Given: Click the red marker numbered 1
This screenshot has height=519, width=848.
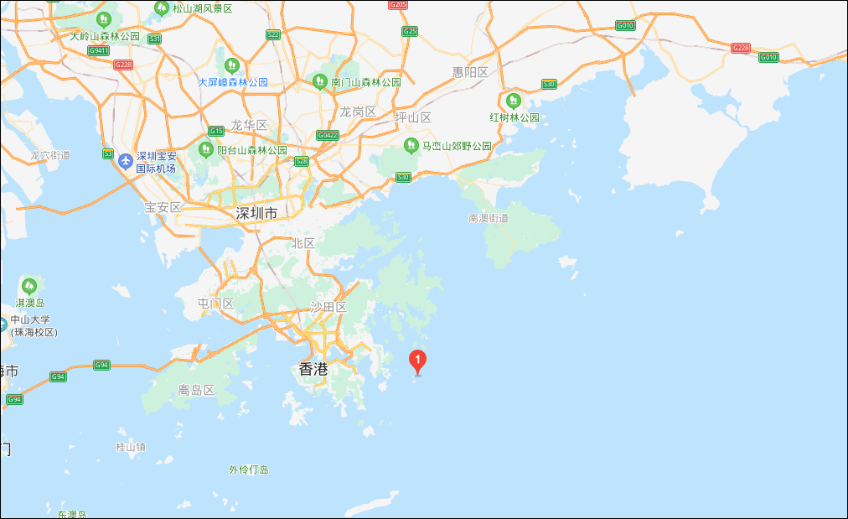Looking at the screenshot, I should [x=417, y=361].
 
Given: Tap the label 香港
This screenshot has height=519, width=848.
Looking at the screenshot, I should [x=313, y=368].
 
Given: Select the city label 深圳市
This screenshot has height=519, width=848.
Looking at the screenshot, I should [x=256, y=214].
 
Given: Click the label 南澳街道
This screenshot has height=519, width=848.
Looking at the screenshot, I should [x=489, y=218].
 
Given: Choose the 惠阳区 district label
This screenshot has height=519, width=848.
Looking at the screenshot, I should [x=470, y=72].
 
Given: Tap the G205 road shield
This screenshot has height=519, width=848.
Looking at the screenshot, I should [x=399, y=5].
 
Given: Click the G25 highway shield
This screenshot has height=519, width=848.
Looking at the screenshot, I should [x=410, y=31].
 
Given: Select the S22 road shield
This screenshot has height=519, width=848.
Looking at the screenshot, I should [x=273, y=34].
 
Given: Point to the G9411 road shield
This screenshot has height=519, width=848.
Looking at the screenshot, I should [x=99, y=50].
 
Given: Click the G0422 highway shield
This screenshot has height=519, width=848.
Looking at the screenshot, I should [x=328, y=135].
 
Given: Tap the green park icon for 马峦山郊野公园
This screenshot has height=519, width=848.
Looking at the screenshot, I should [x=411, y=145].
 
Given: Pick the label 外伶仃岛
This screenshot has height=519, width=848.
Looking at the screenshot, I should [x=249, y=470].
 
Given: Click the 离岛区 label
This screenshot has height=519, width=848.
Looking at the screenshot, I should [x=197, y=390].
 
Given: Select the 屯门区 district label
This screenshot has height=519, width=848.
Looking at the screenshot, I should [x=215, y=304].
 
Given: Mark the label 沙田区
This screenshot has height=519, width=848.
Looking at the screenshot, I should [x=328, y=307].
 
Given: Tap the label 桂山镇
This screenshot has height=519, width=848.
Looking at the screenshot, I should [x=131, y=447].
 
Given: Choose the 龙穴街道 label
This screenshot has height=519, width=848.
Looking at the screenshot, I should [x=50, y=155].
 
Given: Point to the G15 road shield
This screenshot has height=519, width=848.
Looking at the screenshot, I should [x=216, y=131].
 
